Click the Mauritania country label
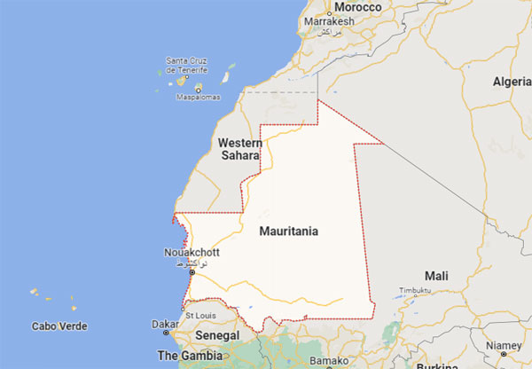pos(289,231)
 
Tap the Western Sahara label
pos(240,149)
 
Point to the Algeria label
pos(512,82)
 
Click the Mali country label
pos(437,275)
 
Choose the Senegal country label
pos(217,336)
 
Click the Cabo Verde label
pos(59,326)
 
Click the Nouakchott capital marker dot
pos(190,273)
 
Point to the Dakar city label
pos(163,324)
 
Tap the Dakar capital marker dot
pos(166,334)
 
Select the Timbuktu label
pos(414,291)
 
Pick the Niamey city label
pos(505,345)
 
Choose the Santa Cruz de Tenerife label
pos(186,65)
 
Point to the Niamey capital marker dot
pos(505,354)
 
